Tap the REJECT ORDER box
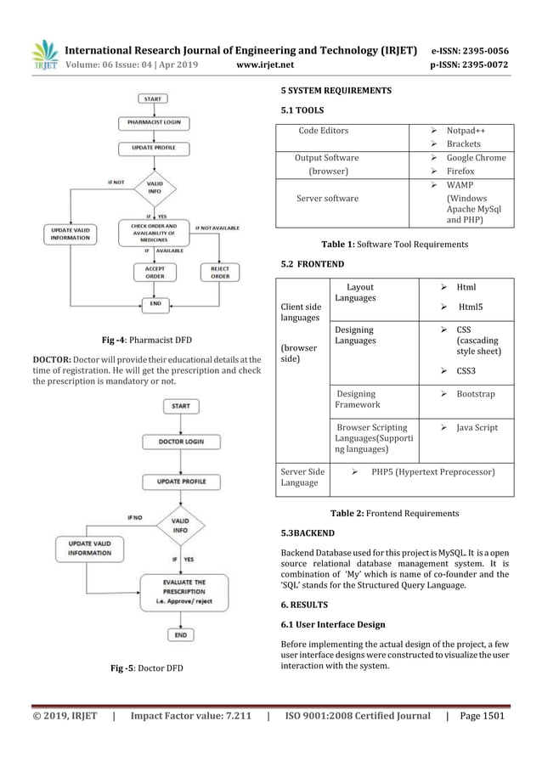point(219,272)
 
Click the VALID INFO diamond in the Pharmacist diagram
point(155,188)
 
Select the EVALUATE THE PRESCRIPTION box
point(180,589)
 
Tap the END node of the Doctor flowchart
point(180,634)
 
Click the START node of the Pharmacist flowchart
point(154,99)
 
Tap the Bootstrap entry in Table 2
point(475,394)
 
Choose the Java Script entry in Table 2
point(477,428)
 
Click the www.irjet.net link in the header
point(266,62)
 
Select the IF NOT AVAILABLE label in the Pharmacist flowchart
point(217,228)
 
